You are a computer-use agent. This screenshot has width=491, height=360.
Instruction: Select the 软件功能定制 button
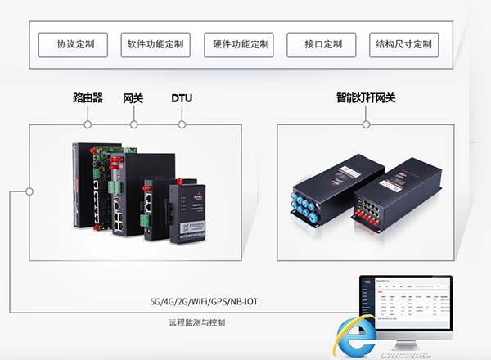coord(155,44)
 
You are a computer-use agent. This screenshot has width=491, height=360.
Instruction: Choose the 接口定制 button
coord(322,44)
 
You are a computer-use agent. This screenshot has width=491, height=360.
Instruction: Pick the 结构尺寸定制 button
coord(404,44)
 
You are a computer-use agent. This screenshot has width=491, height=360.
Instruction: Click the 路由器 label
coord(88,99)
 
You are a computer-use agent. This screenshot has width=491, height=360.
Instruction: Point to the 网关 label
coord(133,99)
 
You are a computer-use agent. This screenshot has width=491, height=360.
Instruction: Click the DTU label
coord(182,99)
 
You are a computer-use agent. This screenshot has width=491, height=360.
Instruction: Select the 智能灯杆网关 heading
coord(365,99)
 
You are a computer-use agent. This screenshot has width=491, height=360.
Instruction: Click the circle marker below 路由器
coord(88,124)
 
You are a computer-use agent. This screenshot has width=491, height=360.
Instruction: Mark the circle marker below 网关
coord(133,124)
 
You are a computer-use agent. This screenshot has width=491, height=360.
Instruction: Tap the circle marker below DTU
coord(182,124)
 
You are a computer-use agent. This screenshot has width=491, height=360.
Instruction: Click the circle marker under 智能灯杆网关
coord(365,124)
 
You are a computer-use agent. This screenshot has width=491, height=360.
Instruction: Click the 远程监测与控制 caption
coord(196,324)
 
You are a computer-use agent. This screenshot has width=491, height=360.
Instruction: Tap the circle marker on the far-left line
coord(29,191)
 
